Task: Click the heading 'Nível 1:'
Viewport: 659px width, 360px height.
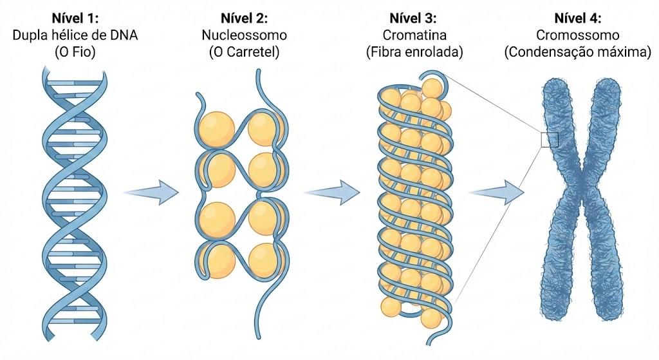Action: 75,19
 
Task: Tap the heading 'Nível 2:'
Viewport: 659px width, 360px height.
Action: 244,19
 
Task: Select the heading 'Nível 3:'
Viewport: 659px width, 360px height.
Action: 413,19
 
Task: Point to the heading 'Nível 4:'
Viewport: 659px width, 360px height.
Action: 578,19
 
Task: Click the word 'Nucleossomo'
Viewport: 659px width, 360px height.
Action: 244,35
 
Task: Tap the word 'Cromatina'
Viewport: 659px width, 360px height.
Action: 414,35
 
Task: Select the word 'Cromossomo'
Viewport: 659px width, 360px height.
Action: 578,35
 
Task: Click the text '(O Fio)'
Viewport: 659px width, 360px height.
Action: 75,52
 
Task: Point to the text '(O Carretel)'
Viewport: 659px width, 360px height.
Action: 244,52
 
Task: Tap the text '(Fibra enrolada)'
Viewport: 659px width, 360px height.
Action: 414,52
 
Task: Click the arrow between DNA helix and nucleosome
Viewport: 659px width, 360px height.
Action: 151,193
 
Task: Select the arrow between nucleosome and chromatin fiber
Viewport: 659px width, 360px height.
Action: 333,193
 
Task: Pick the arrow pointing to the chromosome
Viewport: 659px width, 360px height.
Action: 497,193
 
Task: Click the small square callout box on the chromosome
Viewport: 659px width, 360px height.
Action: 550,140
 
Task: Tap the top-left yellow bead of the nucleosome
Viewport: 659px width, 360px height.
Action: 216,129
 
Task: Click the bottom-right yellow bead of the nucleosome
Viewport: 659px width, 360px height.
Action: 266,260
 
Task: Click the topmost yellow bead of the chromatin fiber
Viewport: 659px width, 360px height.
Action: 432,89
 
